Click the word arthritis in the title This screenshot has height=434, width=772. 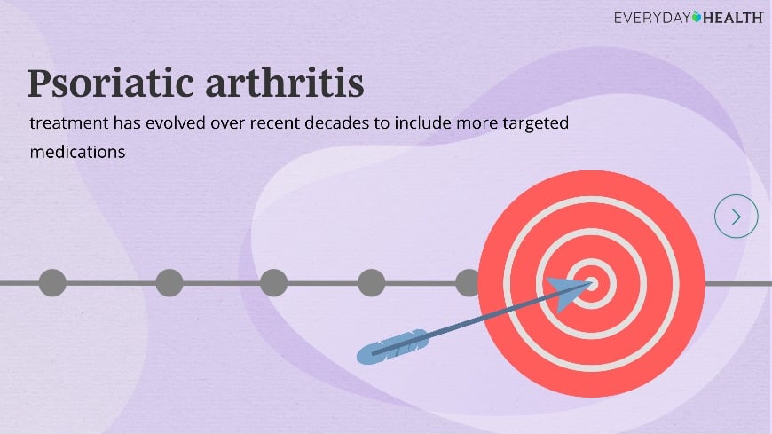pyautogui.click(x=285, y=83)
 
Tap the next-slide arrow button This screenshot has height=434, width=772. pyautogui.click(x=736, y=217)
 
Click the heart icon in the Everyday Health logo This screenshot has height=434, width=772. pyautogui.click(x=697, y=17)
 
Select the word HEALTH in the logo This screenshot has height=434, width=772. pyautogui.click(x=733, y=19)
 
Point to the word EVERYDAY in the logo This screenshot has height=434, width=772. pyautogui.click(x=652, y=19)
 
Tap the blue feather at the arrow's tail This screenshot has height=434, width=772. pyautogui.click(x=392, y=347)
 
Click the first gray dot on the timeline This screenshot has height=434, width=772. pyautogui.click(x=52, y=283)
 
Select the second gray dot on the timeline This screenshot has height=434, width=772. pyautogui.click(x=169, y=283)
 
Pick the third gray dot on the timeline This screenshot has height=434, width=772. pyautogui.click(x=273, y=283)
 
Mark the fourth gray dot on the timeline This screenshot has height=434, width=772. pyautogui.click(x=371, y=283)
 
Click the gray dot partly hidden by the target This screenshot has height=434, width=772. pyautogui.click(x=467, y=283)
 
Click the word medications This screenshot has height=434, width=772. pyautogui.click(x=77, y=152)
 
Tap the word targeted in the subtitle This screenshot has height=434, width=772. pyautogui.click(x=536, y=123)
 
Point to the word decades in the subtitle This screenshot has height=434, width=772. pyautogui.click(x=337, y=122)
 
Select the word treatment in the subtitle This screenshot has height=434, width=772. pyautogui.click(x=69, y=123)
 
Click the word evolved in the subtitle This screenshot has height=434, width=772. pyautogui.click(x=176, y=122)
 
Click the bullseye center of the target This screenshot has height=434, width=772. pyautogui.click(x=591, y=284)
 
